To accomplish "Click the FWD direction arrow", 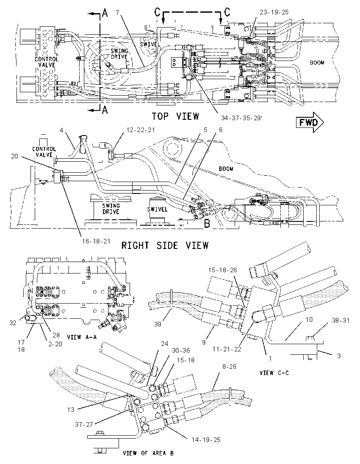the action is (310, 122).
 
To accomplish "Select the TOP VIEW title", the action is (175, 116).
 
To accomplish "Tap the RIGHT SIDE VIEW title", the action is (165, 245).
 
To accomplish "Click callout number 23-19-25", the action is (274, 12).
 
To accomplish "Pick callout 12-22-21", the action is (141, 130).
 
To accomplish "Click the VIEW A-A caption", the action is (82, 337).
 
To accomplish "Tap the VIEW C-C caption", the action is (274, 373).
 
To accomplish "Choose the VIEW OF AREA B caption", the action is (148, 453).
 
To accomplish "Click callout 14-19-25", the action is (206, 439).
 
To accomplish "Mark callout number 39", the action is (158, 324).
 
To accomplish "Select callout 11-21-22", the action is (227, 349).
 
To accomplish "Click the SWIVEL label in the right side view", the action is (157, 209).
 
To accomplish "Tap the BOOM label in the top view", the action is (317, 63).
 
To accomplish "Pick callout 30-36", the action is (180, 351).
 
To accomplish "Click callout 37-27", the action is (84, 424).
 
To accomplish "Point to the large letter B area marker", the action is (207, 224).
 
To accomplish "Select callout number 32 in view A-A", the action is (13, 323).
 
